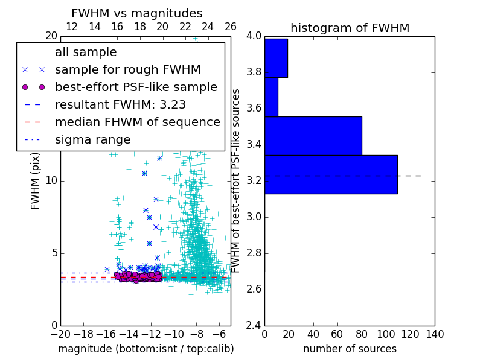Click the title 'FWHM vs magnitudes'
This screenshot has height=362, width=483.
point(137,13)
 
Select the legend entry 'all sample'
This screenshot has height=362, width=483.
point(86,52)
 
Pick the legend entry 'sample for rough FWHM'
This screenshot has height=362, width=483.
point(127,69)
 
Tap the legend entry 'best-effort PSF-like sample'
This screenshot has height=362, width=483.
point(136,87)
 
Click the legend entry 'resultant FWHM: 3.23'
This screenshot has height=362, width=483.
point(120,104)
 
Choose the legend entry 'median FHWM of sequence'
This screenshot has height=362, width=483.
point(138,122)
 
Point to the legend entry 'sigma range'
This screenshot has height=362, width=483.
point(92,139)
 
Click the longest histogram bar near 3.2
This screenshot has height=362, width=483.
point(331,174)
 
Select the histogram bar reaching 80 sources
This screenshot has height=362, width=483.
point(313,136)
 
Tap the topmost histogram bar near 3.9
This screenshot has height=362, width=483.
point(276,58)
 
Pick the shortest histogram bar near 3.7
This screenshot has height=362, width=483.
point(271,97)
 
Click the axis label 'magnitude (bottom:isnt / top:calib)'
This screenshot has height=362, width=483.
point(146,349)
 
